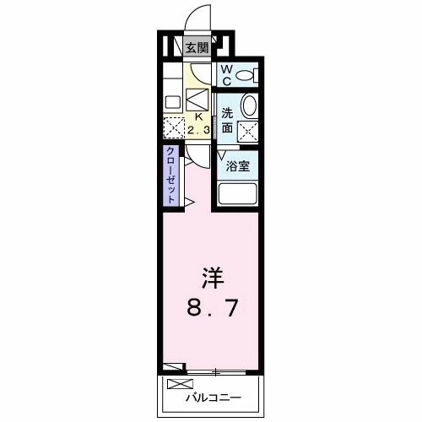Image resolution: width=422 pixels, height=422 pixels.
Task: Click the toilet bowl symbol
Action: [246, 75]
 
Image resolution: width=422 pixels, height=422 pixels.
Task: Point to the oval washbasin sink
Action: [250, 105]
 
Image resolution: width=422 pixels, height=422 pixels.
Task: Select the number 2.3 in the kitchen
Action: [199, 131]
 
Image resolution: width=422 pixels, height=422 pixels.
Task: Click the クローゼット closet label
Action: [170, 175]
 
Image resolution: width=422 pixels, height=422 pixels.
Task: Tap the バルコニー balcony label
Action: [214, 396]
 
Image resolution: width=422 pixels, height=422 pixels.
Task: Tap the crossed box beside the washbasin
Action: [248, 131]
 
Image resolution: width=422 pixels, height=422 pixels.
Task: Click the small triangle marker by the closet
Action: [192, 202]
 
